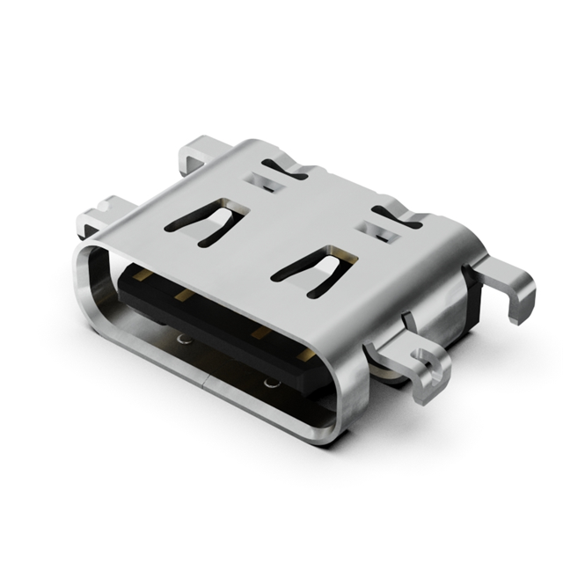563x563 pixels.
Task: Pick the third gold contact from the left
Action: coord(259,333)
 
